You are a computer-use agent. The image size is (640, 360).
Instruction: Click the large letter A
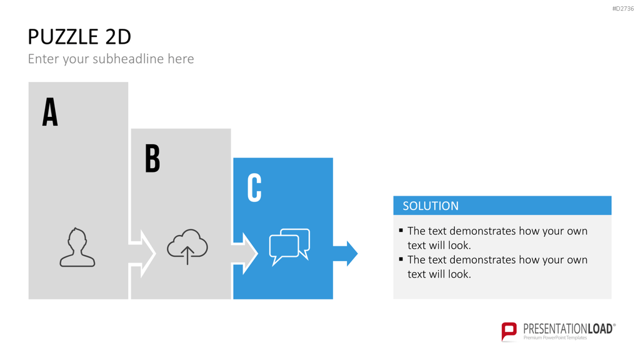click(x=50, y=111)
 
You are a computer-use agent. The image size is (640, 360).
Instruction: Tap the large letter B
click(x=152, y=158)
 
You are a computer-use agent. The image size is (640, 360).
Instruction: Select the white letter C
click(x=254, y=187)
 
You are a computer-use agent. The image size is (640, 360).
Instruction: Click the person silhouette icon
click(x=77, y=247)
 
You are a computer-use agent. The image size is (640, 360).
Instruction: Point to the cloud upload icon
click(x=187, y=246)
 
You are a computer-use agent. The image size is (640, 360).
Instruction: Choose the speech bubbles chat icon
click(x=289, y=247)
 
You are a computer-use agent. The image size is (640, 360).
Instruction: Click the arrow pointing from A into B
click(x=142, y=254)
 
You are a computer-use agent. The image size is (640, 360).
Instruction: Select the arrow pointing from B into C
click(x=244, y=254)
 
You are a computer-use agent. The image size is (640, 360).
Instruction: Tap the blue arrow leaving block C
click(x=345, y=254)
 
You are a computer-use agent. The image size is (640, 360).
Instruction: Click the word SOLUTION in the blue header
click(x=431, y=206)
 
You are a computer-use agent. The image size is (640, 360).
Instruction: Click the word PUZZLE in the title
click(x=63, y=37)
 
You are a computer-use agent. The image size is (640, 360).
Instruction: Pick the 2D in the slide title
click(x=118, y=37)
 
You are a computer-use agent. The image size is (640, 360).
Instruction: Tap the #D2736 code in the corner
click(x=623, y=9)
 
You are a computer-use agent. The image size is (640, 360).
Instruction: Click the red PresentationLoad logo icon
click(x=509, y=331)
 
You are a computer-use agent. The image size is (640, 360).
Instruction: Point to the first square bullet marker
click(x=401, y=230)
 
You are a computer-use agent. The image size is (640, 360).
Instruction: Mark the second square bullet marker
click(x=401, y=259)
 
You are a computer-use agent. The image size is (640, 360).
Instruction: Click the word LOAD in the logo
click(x=601, y=329)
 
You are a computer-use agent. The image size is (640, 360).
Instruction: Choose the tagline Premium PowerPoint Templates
click(x=555, y=338)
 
